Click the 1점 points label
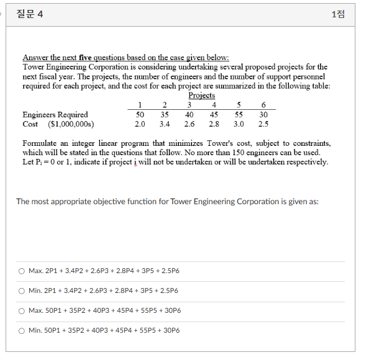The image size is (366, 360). pos(338,14)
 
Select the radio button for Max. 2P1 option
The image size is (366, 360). pos(21,271)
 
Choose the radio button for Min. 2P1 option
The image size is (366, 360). pos(21,290)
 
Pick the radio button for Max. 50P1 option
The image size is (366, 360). pos(21,310)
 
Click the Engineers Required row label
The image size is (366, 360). pos(55,114)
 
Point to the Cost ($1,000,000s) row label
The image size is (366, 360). pos(58,124)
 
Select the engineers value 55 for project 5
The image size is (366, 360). pos(239,114)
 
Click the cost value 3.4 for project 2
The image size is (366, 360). pos(164,124)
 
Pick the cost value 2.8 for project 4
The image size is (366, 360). pos(214,124)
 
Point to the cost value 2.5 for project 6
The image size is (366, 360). pos(263,124)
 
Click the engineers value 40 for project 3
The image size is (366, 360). pos(189,114)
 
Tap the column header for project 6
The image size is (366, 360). pos(263,105)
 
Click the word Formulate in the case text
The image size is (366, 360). pos(41,143)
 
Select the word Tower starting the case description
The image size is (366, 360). pos(34,66)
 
